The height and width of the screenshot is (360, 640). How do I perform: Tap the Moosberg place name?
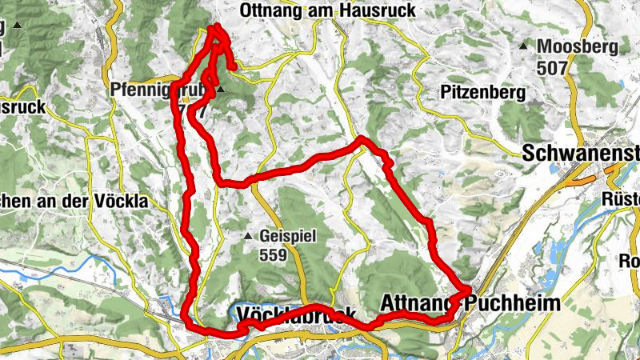577,47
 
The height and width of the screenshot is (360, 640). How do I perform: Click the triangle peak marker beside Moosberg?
523,46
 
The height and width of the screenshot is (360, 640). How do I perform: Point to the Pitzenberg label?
482,93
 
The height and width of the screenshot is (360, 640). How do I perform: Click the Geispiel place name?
289,237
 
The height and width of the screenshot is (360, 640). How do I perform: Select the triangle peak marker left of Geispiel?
248,237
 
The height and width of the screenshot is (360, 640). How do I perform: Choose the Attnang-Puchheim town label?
470,305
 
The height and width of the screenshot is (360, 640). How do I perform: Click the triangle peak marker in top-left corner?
17,26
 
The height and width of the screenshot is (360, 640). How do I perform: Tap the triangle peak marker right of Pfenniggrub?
220,92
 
